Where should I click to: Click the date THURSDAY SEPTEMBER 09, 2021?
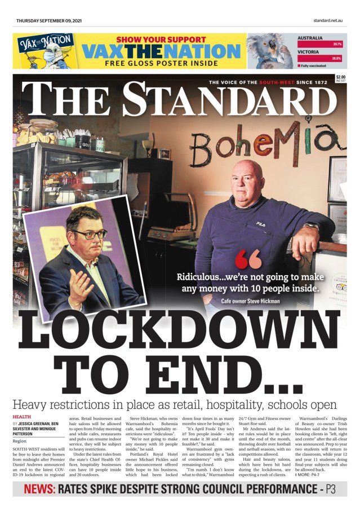click(50, 21)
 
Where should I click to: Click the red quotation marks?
click(248, 260)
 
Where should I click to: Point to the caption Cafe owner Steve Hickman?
click(250, 301)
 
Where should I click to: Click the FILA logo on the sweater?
click(260, 224)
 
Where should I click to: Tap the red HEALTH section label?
click(21, 416)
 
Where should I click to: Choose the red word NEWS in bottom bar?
click(39, 489)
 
